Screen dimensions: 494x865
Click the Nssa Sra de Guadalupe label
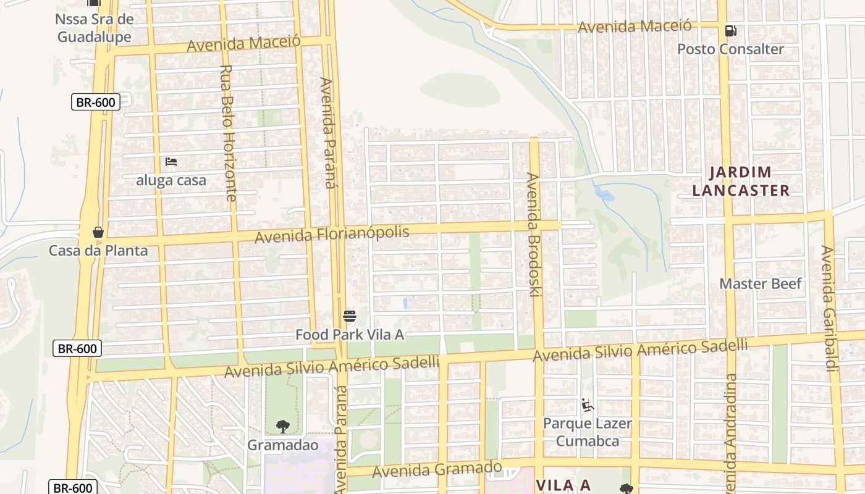95,28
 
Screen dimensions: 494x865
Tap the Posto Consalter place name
730,49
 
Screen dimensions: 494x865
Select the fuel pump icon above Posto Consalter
730,30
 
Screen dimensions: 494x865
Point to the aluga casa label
171,181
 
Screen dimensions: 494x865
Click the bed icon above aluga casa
171,162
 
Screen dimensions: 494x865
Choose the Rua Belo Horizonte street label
227,133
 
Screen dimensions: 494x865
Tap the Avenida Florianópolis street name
332,234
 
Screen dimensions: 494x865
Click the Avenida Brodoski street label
533,235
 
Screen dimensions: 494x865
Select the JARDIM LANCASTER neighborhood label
741,181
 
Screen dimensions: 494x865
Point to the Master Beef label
760,284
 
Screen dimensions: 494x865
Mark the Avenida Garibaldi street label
828,309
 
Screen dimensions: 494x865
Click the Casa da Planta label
98,251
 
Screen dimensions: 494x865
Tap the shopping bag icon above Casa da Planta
98,232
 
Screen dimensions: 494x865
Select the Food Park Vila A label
349,335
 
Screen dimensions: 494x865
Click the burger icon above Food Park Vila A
350,317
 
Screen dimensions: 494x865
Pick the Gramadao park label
283,445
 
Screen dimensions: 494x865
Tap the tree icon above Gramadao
283,426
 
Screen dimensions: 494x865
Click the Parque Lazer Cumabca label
587,432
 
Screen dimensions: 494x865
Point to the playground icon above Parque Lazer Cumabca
587,406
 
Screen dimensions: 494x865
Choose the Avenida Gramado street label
437,469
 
